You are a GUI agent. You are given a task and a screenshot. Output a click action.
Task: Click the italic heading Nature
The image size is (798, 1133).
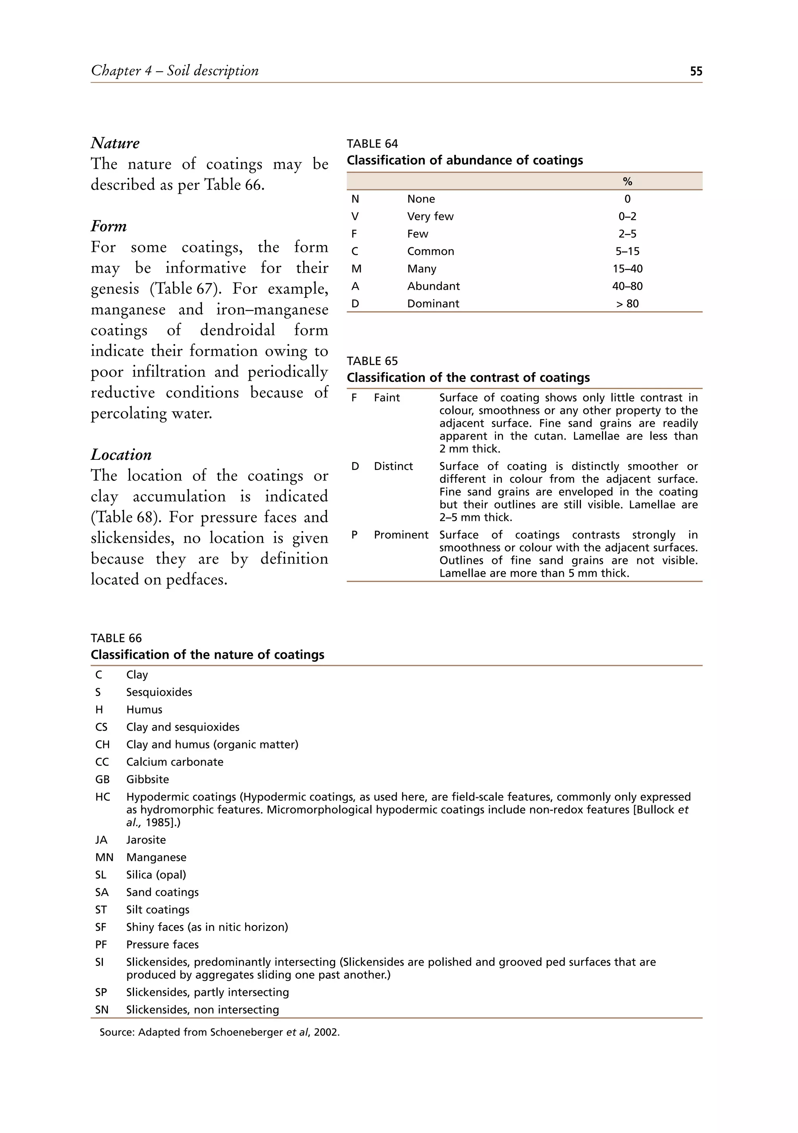pyautogui.click(x=115, y=143)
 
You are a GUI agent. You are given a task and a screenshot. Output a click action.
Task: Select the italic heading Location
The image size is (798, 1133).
pyautogui.click(x=121, y=454)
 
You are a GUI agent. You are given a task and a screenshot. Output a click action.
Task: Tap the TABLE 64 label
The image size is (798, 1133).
pyautogui.click(x=372, y=144)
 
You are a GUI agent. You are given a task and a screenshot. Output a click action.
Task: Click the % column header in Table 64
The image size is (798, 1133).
pyautogui.click(x=627, y=181)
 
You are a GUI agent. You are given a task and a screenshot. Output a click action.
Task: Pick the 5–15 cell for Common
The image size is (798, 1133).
pyautogui.click(x=627, y=251)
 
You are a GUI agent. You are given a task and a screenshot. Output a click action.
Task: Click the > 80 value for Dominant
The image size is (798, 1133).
pyautogui.click(x=627, y=303)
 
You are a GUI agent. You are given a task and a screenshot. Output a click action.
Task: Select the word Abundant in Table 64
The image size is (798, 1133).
pyautogui.click(x=433, y=286)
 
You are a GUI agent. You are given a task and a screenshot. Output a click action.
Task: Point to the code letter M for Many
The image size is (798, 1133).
pyautogui.click(x=356, y=269)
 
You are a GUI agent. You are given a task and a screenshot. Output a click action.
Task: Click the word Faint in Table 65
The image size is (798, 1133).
pyautogui.click(x=387, y=398)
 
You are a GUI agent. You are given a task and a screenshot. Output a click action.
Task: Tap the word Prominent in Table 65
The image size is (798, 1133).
pyautogui.click(x=401, y=535)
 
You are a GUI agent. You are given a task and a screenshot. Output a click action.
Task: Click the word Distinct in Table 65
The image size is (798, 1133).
pyautogui.click(x=393, y=466)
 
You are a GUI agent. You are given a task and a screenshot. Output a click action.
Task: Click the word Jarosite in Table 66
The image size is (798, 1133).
pyautogui.click(x=146, y=840)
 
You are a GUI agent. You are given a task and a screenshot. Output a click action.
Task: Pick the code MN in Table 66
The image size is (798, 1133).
pyautogui.click(x=104, y=857)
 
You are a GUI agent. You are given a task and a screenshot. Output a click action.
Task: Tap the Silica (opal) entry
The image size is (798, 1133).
pyautogui.click(x=156, y=874)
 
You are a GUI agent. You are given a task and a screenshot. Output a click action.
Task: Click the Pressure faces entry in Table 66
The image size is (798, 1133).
pyautogui.click(x=162, y=945)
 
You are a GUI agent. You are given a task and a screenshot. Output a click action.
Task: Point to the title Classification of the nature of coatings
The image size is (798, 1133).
pyautogui.click(x=207, y=655)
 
